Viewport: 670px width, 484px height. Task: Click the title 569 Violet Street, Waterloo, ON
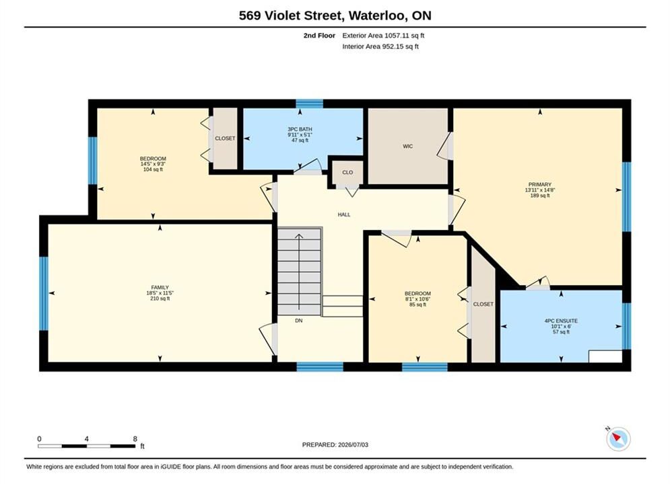(335, 15)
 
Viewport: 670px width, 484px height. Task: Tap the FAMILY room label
(160, 288)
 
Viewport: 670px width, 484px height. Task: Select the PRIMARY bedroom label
(539, 185)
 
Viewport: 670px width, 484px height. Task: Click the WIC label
(407, 147)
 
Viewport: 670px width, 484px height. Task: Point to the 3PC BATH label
(300, 129)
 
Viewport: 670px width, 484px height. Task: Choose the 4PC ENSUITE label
(561, 321)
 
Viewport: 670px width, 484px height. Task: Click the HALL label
(344, 214)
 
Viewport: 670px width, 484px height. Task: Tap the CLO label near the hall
(347, 172)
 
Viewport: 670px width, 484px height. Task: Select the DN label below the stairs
(299, 320)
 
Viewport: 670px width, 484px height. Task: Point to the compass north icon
(617, 438)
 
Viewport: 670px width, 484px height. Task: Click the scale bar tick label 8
(135, 439)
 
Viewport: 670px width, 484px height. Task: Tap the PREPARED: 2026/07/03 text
(335, 445)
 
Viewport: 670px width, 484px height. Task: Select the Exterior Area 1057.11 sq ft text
(383, 36)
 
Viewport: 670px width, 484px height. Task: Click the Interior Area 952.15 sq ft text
(380, 46)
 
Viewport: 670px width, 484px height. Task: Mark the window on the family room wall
(44, 293)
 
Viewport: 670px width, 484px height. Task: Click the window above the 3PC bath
(310, 104)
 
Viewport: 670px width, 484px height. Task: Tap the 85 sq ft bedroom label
(417, 305)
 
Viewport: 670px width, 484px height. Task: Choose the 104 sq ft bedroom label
(153, 169)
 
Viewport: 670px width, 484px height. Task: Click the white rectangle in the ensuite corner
(605, 356)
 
